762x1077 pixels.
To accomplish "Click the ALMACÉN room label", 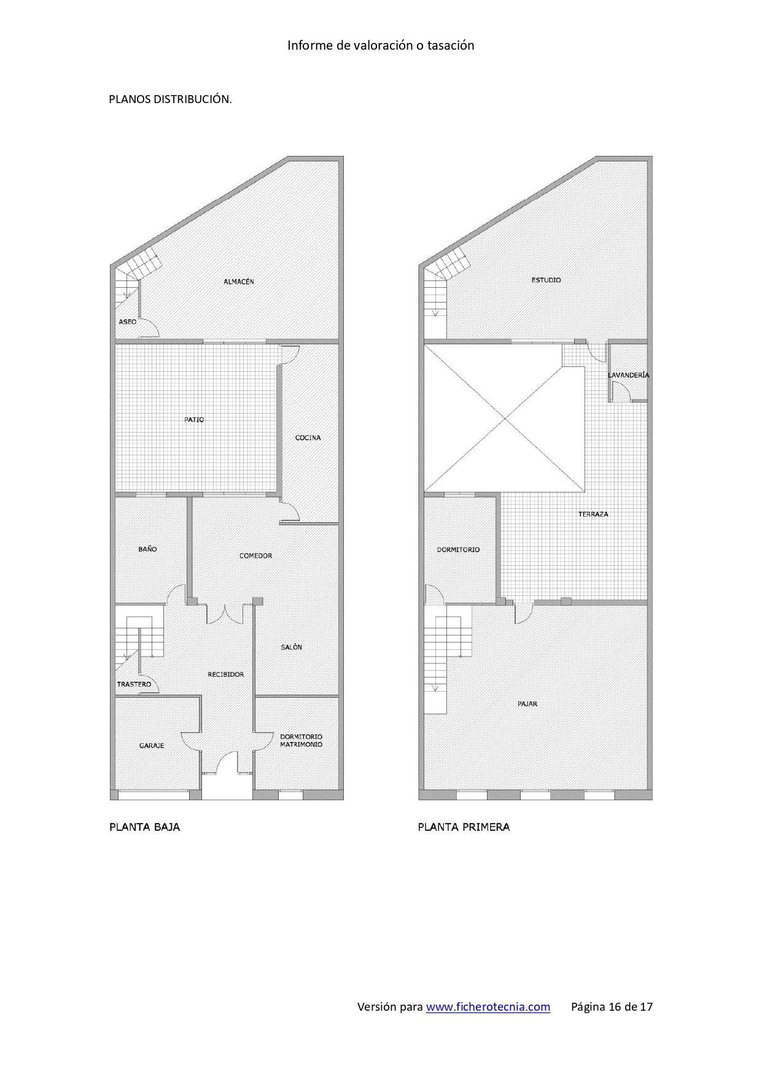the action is (x=238, y=282).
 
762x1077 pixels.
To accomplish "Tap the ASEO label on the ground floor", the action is (x=128, y=322).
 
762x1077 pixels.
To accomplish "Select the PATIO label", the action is (x=194, y=420).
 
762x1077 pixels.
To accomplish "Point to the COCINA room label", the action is (x=308, y=438).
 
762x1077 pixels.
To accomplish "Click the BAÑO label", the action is (x=147, y=549).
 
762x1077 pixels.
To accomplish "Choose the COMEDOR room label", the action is (x=255, y=555).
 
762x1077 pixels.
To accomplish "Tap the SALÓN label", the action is (x=291, y=647).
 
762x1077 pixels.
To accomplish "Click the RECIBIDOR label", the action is (x=226, y=674).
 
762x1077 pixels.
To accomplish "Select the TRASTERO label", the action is (x=134, y=684).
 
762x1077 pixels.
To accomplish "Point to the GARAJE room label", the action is (x=152, y=746).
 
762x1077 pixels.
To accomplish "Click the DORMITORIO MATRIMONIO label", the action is (x=301, y=741).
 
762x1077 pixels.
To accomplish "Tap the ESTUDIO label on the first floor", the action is (x=546, y=280).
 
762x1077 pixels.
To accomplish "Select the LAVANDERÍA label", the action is (x=628, y=375).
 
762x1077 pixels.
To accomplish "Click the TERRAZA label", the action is (x=593, y=514).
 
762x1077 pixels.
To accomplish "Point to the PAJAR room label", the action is (x=527, y=704).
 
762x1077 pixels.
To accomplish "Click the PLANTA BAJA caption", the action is (x=145, y=827).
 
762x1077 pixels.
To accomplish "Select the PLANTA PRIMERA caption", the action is (x=464, y=827).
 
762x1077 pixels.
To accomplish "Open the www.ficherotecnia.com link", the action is (x=488, y=1007).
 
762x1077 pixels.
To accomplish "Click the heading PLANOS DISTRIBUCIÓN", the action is (x=170, y=99).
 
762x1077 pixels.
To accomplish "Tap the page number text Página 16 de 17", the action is (x=612, y=1007).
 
